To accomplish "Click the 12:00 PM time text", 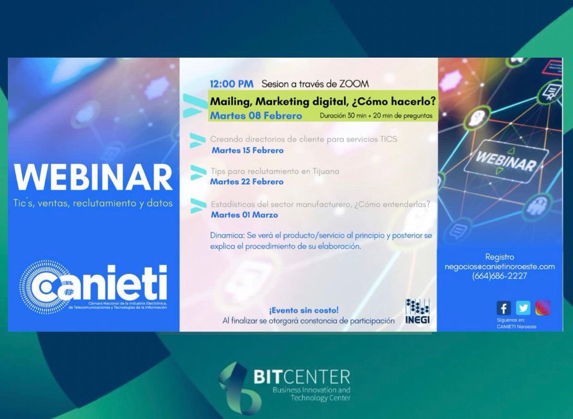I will [x=232, y=84].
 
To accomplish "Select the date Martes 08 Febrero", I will [x=256, y=115].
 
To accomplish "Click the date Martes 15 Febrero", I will [x=247, y=150].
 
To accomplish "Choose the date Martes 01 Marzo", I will [x=244, y=215].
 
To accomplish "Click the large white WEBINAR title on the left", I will [x=93, y=178].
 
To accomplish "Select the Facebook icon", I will [x=504, y=308].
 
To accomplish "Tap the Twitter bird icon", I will [x=523, y=308].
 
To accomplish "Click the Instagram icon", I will [x=542, y=308].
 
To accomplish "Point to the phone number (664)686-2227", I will [x=499, y=276].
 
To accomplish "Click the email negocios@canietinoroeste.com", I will [x=499, y=267].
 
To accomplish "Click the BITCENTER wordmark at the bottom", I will [x=301, y=377].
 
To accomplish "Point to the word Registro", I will [x=499, y=257].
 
